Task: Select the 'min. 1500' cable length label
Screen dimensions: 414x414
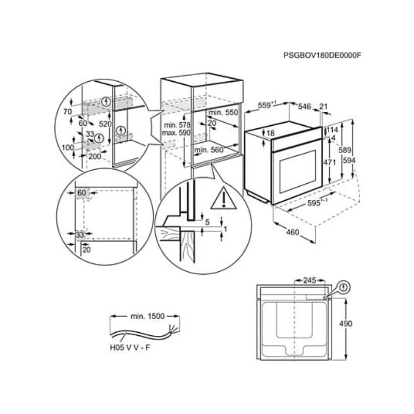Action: (x=147, y=315)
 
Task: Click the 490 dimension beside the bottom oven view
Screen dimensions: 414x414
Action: (x=345, y=324)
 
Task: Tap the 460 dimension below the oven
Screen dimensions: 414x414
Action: (x=292, y=232)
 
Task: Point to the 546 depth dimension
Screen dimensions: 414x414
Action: (x=304, y=106)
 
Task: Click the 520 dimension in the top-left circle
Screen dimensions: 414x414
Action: (x=106, y=125)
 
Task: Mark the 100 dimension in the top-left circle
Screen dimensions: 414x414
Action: (x=67, y=148)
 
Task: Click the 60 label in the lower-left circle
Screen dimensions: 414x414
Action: (x=82, y=193)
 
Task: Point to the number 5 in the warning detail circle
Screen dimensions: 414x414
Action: (x=207, y=223)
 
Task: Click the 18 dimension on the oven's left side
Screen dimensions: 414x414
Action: (x=271, y=134)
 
